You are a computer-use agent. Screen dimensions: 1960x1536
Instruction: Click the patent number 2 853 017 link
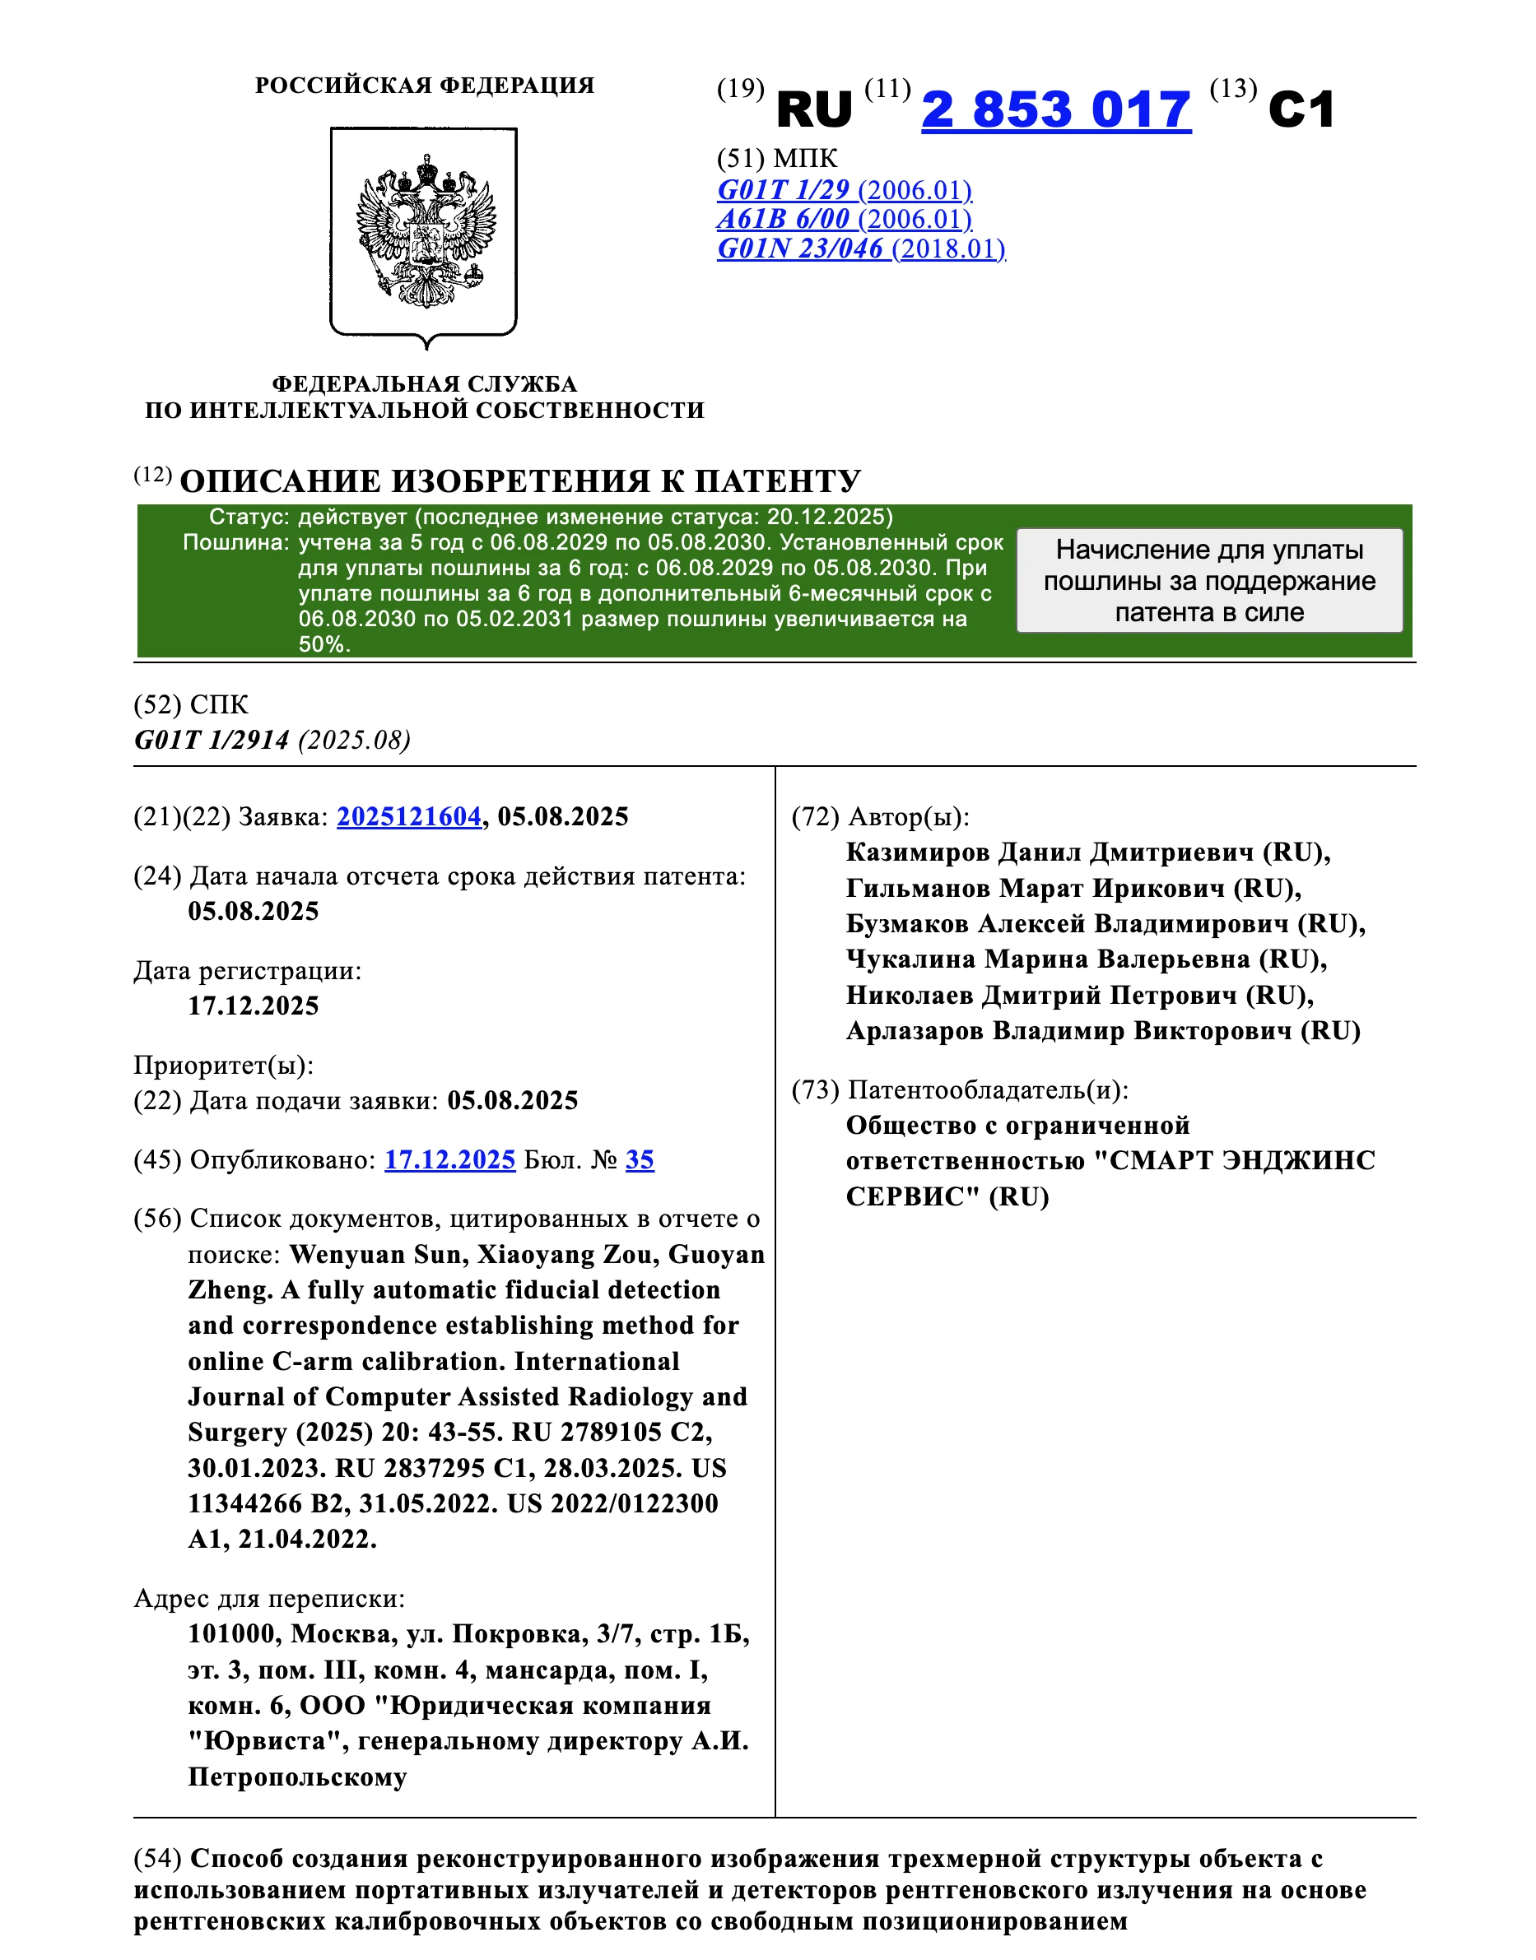1056,109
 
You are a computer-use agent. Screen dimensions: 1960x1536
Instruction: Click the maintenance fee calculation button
1208,581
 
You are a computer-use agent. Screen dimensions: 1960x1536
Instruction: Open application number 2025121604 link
409,816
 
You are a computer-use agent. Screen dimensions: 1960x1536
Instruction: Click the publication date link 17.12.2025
449,1160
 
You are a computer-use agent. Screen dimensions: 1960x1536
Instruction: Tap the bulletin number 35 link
640,1160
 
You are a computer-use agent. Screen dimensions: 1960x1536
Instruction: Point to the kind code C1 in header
1301,109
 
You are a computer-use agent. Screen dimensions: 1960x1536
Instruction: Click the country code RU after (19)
813,109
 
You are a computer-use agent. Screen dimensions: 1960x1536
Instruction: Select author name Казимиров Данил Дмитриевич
1050,852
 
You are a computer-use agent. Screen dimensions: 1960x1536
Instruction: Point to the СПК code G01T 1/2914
212,740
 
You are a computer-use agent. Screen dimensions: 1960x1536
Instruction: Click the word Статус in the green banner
249,517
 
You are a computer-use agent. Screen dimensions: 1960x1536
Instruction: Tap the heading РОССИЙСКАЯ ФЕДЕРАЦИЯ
425,86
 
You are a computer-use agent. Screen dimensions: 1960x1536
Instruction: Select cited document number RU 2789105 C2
612,1433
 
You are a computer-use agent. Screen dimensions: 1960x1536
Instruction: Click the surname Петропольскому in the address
298,1777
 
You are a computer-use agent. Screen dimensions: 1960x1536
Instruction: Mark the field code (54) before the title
157,1859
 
